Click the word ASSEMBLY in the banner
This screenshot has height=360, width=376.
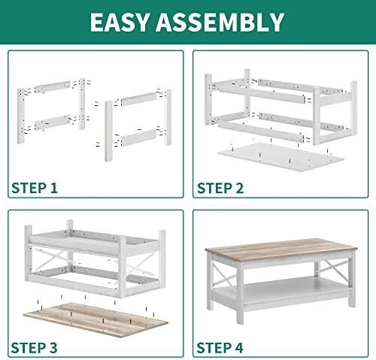220,22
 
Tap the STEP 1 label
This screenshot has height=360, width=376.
35,188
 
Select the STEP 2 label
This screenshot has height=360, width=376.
220,188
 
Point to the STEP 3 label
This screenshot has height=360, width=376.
35,348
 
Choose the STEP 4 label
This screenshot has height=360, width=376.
220,348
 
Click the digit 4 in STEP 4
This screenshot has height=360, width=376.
238,348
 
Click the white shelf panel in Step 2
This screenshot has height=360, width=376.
280,156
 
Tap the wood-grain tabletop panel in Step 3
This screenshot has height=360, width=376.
96,319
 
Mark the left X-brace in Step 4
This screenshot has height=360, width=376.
224,275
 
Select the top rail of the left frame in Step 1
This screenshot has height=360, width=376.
53,87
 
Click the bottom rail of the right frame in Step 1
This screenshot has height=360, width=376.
139,138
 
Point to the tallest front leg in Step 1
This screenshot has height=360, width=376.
108,132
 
